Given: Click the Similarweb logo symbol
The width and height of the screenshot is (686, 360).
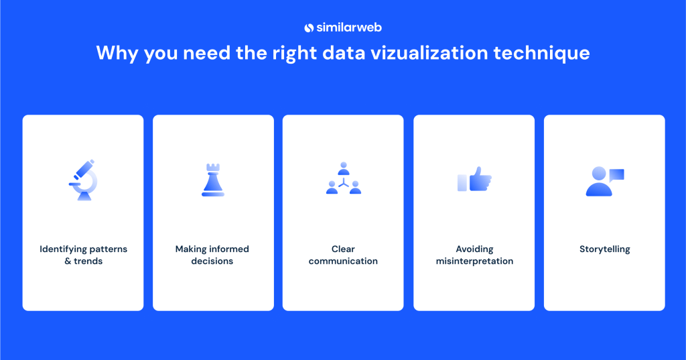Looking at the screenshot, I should [309, 27].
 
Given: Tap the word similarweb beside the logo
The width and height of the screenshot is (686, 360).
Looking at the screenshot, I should [349, 27].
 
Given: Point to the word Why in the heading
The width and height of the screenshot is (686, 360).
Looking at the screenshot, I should [115, 53].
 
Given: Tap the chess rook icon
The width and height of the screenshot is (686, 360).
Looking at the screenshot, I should [213, 180].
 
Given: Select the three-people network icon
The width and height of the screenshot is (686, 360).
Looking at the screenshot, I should [343, 179].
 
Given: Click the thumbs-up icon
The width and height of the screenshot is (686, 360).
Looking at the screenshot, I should [475, 180].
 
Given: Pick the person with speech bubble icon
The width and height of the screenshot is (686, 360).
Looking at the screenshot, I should [603, 182].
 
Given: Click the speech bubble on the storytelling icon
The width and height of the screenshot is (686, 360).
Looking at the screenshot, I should [616, 174].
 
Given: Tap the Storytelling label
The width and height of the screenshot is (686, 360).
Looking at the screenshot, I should [604, 249].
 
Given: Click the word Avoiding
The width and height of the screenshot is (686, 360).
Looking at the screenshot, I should [474, 249].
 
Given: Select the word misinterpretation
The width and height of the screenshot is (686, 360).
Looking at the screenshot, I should [474, 261].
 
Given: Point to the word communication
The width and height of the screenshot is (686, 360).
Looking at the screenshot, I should [343, 261].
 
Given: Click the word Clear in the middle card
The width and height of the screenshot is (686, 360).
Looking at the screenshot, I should [343, 249].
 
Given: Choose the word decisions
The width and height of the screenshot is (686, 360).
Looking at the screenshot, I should [212, 261].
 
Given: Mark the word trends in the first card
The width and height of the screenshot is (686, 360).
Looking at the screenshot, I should [88, 261].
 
